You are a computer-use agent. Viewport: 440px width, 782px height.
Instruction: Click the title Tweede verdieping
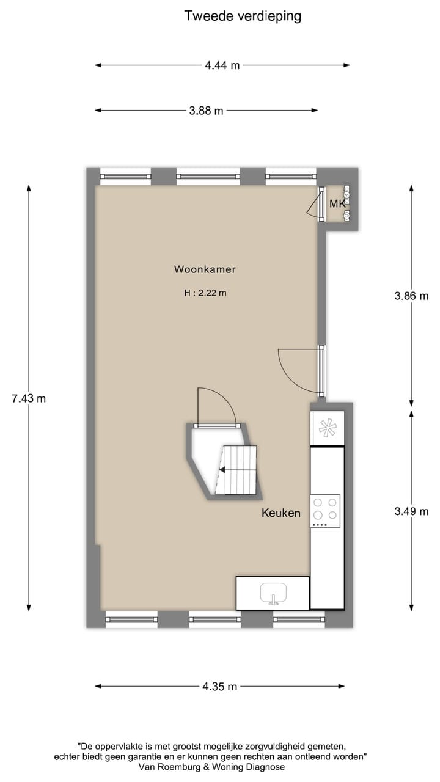pos(243,16)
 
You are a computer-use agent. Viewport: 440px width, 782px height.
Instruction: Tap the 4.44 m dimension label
pos(222,65)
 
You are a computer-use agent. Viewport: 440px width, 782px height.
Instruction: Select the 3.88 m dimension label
pos(206,111)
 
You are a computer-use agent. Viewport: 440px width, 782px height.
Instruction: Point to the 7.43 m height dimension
pos(29,398)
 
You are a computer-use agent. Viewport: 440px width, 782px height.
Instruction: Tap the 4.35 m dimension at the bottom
pos(219,686)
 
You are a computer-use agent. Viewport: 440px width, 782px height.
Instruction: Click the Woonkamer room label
pos(205,269)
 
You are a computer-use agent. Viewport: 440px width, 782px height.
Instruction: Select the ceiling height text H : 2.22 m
pos(205,293)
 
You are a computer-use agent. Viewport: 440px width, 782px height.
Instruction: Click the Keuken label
pos(281,513)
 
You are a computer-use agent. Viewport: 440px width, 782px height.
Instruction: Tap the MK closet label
pos(337,203)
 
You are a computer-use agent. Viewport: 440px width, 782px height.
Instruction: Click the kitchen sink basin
pos(273,593)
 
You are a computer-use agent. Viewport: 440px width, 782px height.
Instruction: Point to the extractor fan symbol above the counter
pos(328,427)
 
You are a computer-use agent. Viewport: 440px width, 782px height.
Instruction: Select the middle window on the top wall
pos(208,176)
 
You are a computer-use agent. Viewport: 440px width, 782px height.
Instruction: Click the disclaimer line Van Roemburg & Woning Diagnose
pos(212,766)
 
